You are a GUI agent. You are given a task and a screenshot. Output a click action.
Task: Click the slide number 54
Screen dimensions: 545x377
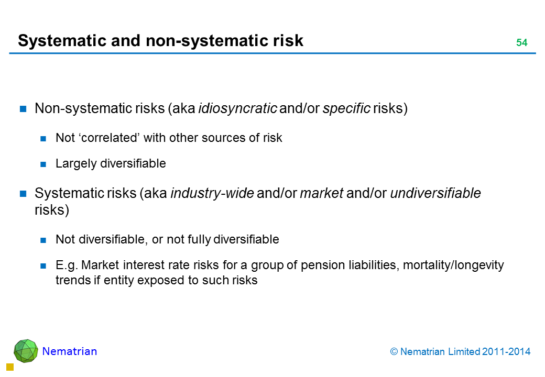pos(522,42)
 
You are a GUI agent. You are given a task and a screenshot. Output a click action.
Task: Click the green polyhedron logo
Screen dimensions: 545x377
pos(26,351)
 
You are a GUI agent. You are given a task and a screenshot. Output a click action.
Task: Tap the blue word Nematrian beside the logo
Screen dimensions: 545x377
pos(70,351)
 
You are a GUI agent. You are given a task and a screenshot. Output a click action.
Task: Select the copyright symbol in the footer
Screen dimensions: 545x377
pos(394,352)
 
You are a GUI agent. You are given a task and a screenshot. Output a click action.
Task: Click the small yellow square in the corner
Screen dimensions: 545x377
pos(10,367)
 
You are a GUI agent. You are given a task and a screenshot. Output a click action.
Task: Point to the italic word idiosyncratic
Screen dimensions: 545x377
pos(238,109)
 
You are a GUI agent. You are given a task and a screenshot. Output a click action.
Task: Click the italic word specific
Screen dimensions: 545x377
pos(346,109)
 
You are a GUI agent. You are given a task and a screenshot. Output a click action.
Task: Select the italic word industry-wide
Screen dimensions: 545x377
pos(212,193)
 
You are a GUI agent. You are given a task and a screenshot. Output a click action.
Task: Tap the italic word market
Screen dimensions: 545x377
pos(322,193)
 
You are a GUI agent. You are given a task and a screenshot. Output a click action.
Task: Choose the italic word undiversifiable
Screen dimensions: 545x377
pos(435,193)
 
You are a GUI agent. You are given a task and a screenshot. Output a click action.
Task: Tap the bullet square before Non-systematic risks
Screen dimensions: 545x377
pos(23,109)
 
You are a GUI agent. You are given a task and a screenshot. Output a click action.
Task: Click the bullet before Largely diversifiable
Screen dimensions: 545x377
pos(43,164)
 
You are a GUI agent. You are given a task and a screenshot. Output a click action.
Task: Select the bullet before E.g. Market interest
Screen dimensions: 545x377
pos(43,266)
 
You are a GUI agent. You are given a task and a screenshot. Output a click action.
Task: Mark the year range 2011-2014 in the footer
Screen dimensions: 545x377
pos(506,352)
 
